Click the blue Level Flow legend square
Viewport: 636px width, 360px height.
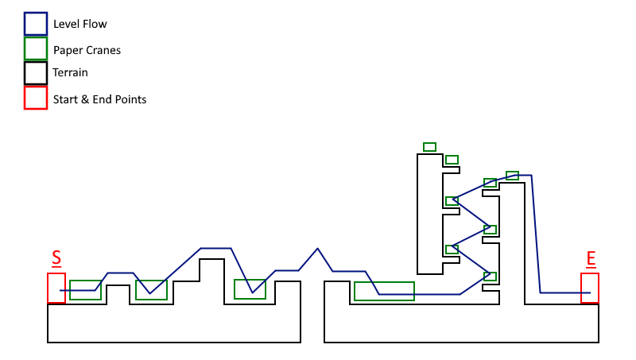(x=36, y=24)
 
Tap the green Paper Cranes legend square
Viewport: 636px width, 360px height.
(x=36, y=48)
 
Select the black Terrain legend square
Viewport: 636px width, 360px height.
(x=36, y=73)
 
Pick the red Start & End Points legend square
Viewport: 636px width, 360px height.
(x=36, y=98)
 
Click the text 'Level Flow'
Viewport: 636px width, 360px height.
(x=80, y=25)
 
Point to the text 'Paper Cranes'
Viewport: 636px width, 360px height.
(x=87, y=50)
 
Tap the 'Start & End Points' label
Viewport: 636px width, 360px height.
(x=100, y=99)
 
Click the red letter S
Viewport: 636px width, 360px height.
(x=56, y=257)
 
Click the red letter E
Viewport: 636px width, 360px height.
(x=591, y=258)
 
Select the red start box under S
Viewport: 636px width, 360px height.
(x=56, y=288)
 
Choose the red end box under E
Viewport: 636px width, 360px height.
(x=590, y=288)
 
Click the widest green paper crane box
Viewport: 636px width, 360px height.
(x=384, y=291)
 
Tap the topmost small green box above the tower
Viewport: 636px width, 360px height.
(x=429, y=147)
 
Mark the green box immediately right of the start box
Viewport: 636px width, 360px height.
(x=85, y=290)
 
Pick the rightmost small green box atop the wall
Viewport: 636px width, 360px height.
(x=512, y=176)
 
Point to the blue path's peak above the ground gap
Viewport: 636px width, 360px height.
(x=318, y=249)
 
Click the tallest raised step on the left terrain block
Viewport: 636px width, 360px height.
(x=211, y=270)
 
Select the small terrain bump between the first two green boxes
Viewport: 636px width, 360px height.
(x=118, y=294)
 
